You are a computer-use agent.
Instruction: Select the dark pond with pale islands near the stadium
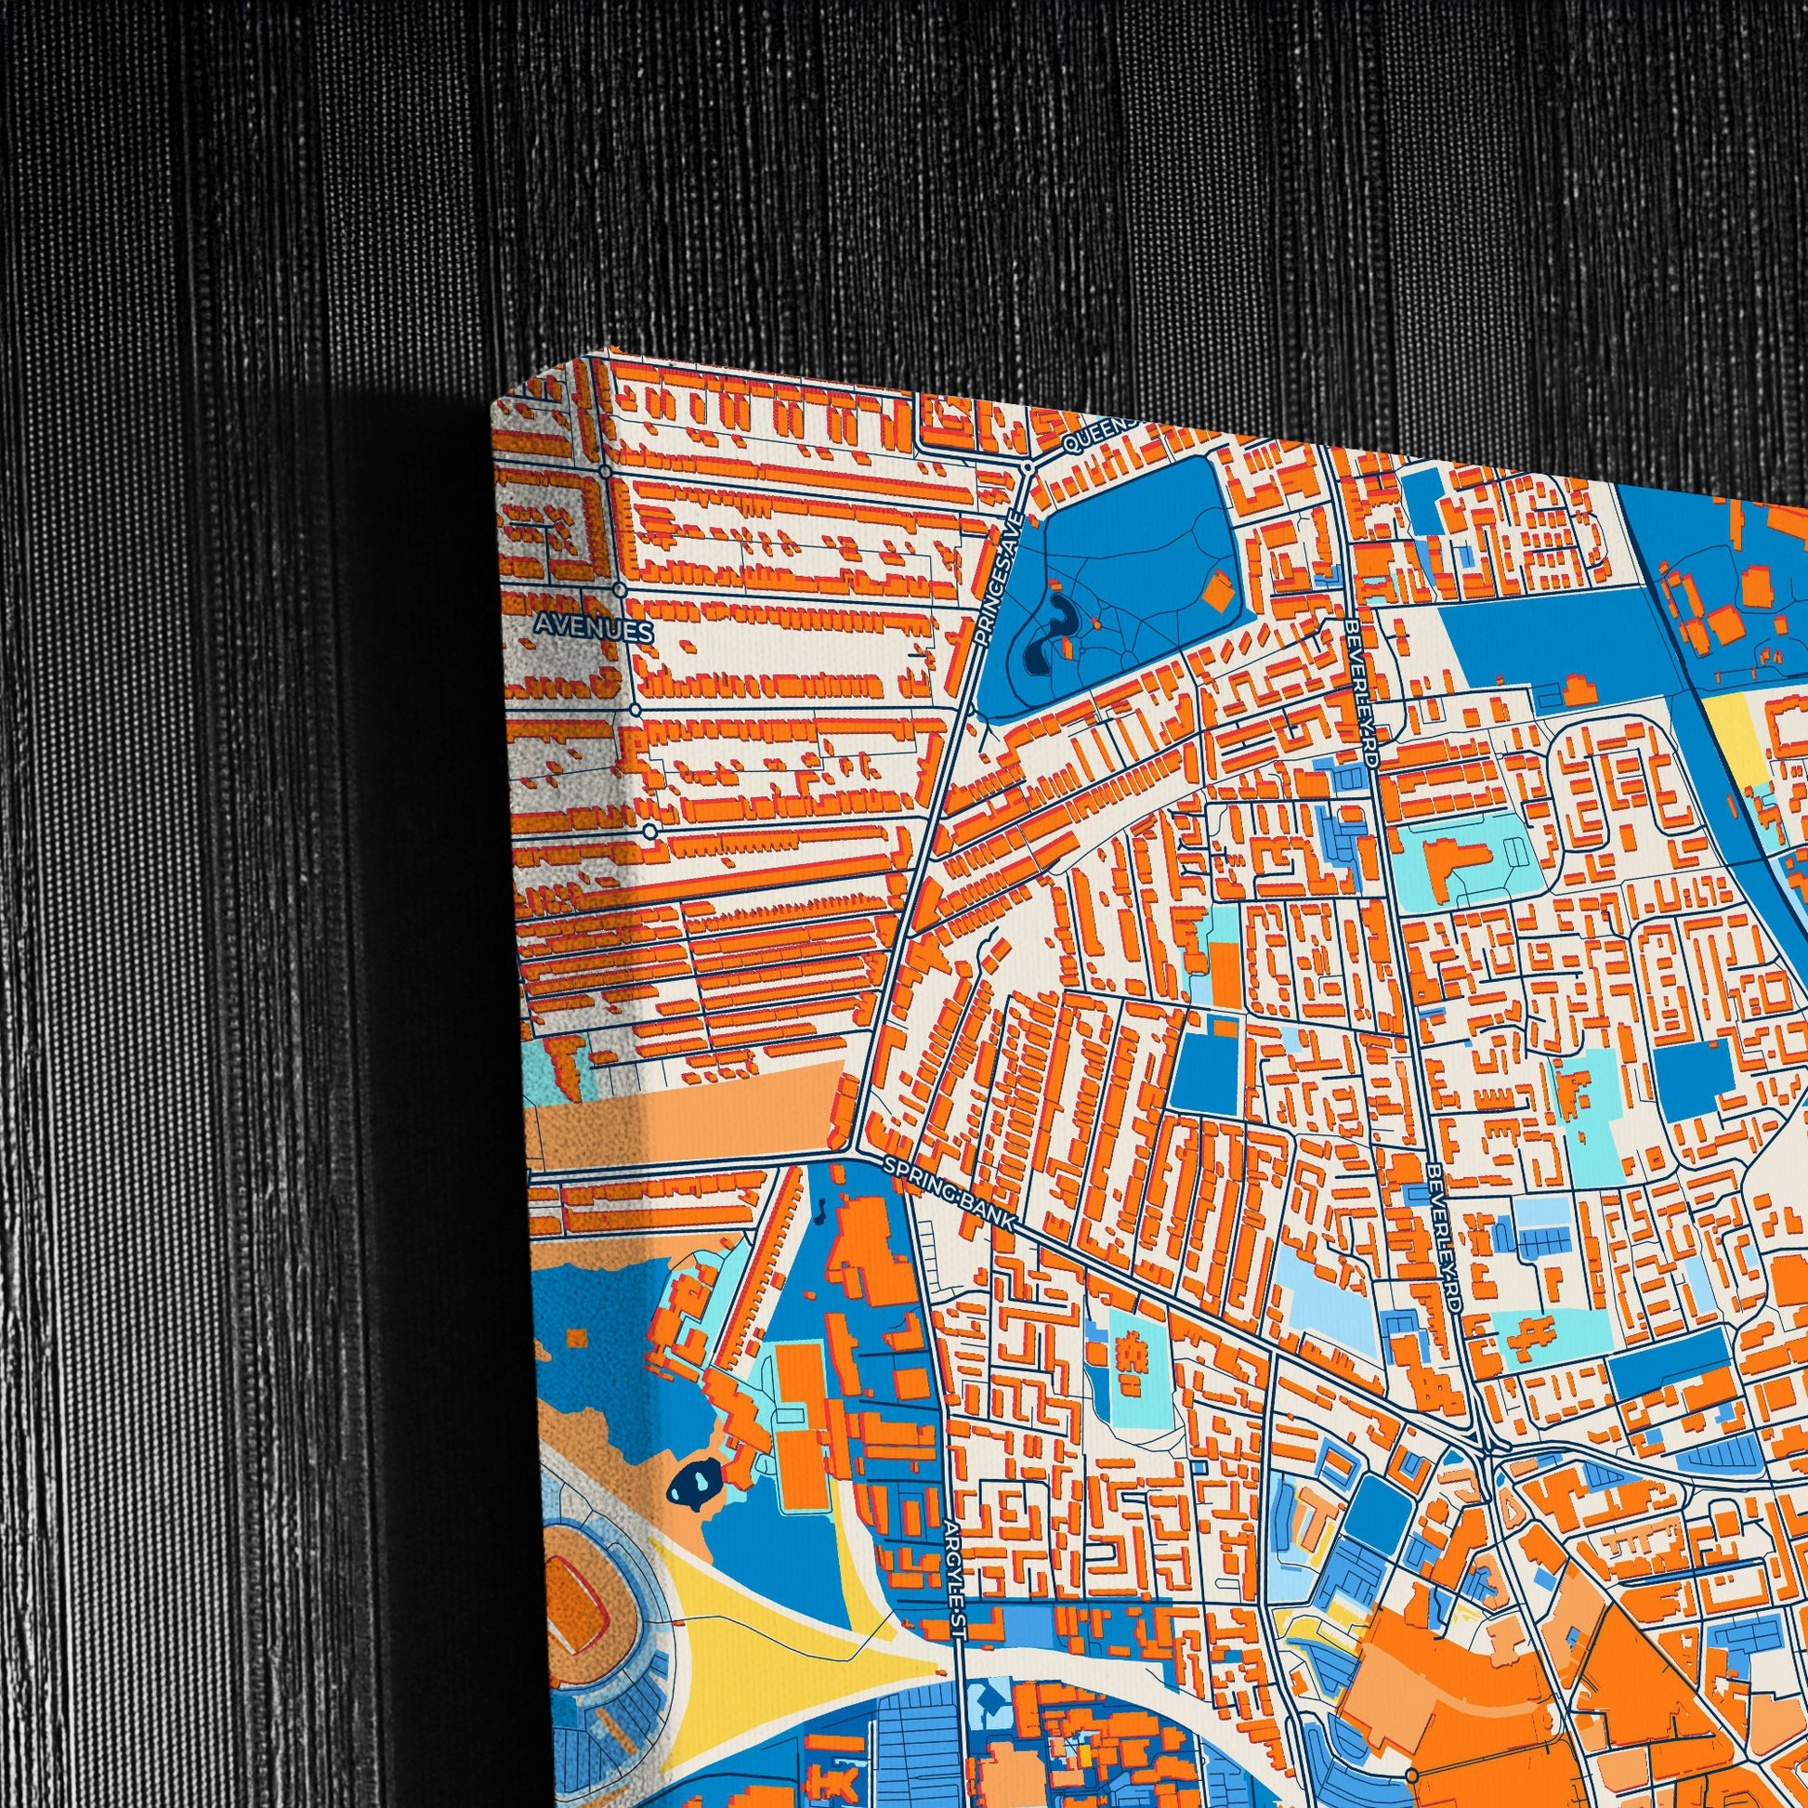[x=693, y=1479]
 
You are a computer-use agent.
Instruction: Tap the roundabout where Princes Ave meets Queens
[x=1027, y=465]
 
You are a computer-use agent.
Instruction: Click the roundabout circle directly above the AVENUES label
[x=620, y=590]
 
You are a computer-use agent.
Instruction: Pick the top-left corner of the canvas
[x=492, y=402]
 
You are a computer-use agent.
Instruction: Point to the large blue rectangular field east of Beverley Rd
[x=1553, y=646]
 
